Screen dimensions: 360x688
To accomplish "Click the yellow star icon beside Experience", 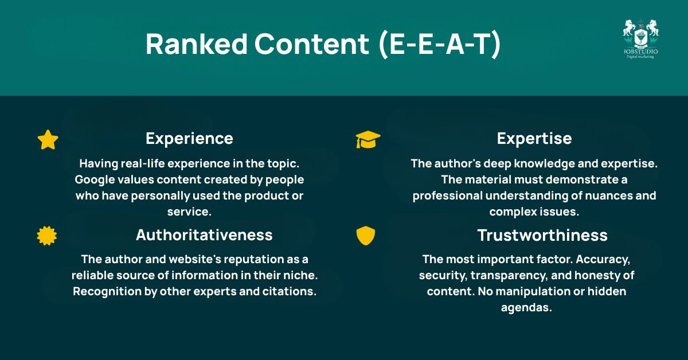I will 48,140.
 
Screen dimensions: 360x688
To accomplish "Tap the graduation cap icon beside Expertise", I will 368,139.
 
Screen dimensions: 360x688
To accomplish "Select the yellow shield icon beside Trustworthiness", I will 365,236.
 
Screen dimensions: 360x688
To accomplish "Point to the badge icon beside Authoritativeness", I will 47,236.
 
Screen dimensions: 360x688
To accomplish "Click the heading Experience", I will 189,139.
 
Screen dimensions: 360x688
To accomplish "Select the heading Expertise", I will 534,139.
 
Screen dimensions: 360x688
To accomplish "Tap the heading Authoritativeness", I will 204,235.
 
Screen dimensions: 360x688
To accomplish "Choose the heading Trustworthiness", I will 542,236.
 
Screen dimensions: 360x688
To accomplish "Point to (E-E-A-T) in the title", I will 440,45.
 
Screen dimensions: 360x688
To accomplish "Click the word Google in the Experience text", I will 95,180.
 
